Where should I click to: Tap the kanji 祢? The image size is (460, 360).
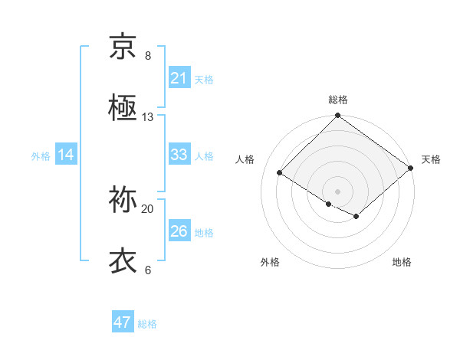(123, 201)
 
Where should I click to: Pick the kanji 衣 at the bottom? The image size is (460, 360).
(123, 260)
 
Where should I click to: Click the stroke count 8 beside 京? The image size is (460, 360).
(148, 56)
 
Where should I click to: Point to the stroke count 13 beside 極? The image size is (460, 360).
(148, 116)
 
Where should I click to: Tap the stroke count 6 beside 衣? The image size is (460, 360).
(148, 270)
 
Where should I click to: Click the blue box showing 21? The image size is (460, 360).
(179, 78)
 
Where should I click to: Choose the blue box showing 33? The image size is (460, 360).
(179, 155)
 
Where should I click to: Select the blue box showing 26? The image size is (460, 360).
(179, 231)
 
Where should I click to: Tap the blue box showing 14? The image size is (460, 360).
(66, 155)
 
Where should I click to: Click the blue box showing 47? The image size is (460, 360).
(123, 322)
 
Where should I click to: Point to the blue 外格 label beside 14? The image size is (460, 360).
(41, 156)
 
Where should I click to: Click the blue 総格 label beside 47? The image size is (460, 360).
(148, 324)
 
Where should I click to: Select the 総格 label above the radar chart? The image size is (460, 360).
(338, 100)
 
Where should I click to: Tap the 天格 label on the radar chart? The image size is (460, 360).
(431, 159)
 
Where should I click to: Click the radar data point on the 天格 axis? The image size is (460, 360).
(411, 169)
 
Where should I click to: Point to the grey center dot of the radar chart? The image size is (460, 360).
(337, 191)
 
